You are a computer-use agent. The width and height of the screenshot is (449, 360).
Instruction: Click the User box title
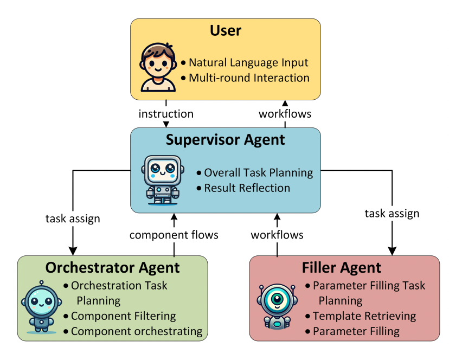[226, 30]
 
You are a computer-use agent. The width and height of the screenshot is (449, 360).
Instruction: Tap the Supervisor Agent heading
[226, 140]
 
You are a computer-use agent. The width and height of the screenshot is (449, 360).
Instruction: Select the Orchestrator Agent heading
[112, 267]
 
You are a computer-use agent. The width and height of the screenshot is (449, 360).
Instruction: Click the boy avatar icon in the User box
[158, 67]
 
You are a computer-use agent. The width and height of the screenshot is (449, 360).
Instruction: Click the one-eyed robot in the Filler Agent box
[277, 305]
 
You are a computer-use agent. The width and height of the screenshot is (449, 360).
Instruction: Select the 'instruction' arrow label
[166, 114]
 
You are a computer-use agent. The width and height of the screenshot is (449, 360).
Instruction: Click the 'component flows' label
[174, 235]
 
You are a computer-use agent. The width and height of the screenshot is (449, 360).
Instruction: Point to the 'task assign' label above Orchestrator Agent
[73, 219]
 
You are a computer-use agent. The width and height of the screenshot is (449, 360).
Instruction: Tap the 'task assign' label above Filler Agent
[392, 213]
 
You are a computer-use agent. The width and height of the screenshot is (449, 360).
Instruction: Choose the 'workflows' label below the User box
[285, 114]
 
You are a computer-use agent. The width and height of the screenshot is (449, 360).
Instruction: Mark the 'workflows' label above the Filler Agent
[277, 235]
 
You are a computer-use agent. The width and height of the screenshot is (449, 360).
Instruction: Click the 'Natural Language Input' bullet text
[248, 62]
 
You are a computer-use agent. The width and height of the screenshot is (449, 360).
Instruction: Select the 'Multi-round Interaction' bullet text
[249, 78]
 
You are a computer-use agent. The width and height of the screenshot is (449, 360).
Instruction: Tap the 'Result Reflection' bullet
[247, 188]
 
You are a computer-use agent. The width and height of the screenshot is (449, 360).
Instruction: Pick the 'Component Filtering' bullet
[124, 316]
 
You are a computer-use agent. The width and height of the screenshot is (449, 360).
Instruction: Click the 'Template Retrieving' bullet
[364, 316]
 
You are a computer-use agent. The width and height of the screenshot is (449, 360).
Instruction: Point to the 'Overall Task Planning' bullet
[258, 173]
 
